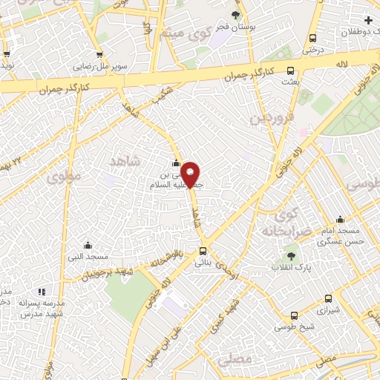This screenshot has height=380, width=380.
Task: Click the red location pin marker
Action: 191,174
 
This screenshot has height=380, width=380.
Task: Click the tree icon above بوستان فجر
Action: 236,14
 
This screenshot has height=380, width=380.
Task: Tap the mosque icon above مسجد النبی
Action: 88,246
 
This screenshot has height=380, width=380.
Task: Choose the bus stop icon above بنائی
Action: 203,250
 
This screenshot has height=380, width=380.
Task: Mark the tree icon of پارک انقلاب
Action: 290,255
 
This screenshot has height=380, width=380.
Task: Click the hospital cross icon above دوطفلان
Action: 369,20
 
